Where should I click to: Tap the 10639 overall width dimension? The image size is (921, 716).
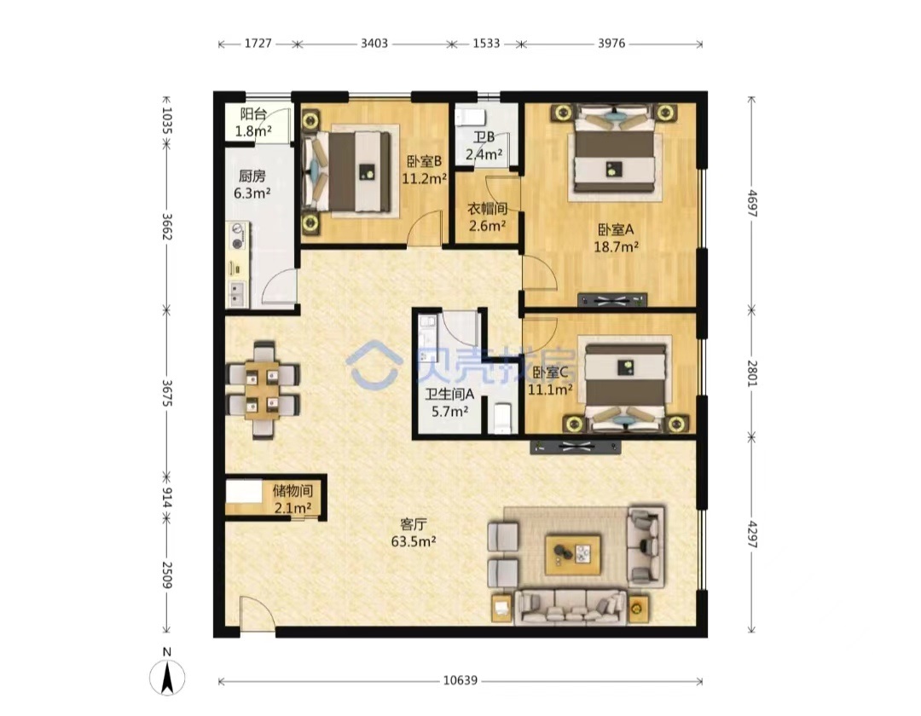click(460, 681)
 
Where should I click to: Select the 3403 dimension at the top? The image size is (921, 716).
click(374, 43)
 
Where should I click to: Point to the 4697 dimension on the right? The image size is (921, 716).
click(752, 203)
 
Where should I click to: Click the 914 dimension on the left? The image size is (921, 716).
click(167, 498)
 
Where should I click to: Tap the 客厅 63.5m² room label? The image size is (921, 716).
click(414, 532)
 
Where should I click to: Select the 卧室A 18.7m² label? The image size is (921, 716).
click(617, 238)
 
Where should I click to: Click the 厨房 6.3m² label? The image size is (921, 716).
click(252, 184)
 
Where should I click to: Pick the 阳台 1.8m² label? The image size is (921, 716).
click(253, 123)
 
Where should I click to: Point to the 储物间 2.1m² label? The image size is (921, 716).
click(293, 499)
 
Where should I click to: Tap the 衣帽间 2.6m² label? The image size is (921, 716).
click(487, 217)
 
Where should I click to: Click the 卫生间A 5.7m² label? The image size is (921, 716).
click(449, 403)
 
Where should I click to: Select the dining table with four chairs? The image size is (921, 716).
click(264, 390)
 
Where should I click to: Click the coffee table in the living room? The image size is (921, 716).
click(573, 554)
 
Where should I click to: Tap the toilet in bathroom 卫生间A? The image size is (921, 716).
click(502, 418)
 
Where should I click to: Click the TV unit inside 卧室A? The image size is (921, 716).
click(612, 301)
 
